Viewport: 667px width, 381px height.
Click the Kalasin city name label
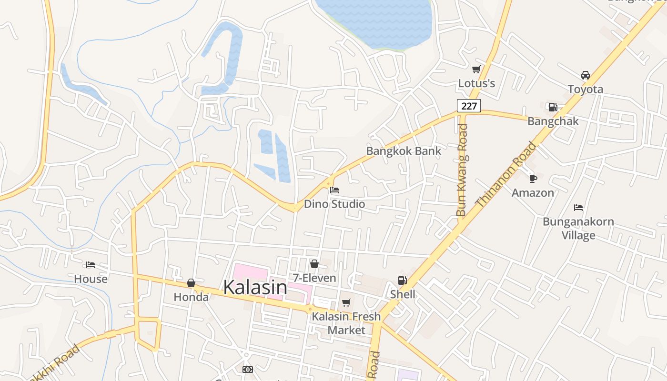click(x=255, y=287)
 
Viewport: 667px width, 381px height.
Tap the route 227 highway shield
click(x=469, y=106)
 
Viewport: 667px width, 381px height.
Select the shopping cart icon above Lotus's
click(x=476, y=70)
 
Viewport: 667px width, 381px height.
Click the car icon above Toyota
click(x=586, y=75)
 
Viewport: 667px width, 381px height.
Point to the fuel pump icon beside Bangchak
click(x=553, y=107)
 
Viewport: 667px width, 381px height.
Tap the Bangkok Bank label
click(x=404, y=151)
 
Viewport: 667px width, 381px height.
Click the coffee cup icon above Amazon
click(x=533, y=179)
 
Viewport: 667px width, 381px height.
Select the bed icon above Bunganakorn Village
click(x=578, y=208)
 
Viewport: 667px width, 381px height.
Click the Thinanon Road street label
click(x=506, y=175)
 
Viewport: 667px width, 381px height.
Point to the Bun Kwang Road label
click(x=462, y=170)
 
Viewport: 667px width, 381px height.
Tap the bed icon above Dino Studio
click(x=334, y=190)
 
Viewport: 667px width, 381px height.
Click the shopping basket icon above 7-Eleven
click(x=314, y=264)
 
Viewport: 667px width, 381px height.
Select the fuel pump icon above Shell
click(x=403, y=281)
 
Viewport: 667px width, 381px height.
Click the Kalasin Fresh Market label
click(x=346, y=323)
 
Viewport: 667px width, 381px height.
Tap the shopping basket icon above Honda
click(x=191, y=283)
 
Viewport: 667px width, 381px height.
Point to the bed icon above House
click(x=91, y=265)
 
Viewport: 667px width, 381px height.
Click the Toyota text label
click(x=586, y=89)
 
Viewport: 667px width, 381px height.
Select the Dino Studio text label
click(x=334, y=204)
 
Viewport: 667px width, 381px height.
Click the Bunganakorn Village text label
click(x=578, y=228)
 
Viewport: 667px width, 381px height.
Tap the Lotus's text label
click(x=476, y=83)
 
